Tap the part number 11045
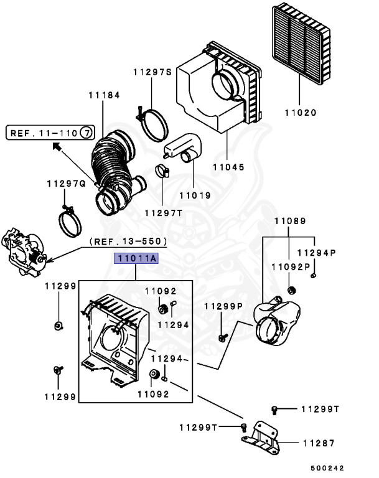coord(228,167)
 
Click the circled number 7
coord(88,132)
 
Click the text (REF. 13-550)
coord(128,241)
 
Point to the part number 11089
coord(290,221)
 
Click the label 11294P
coord(316,253)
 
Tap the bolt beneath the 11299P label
coord(222,337)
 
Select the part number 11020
coord(301,113)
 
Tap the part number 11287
coord(319,443)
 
